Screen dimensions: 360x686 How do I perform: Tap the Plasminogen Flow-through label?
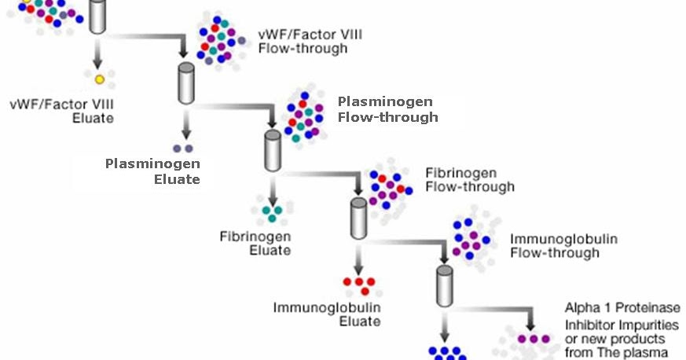click(x=387, y=110)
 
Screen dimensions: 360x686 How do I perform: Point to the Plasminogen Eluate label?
click(x=153, y=171)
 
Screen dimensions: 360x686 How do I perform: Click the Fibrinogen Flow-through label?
click(x=470, y=179)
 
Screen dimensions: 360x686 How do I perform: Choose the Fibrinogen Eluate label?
click(x=255, y=243)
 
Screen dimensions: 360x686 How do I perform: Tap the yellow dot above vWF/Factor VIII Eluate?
click(x=100, y=79)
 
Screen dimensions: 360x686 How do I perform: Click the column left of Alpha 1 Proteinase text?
click(x=445, y=281)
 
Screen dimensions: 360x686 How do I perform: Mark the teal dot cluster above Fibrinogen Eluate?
click(x=272, y=211)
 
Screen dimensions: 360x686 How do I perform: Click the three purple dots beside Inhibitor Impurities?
click(x=535, y=339)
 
